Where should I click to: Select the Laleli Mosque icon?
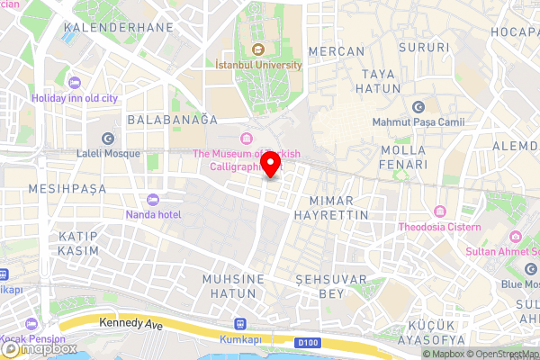tap(108, 138)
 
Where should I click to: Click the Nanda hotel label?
tap(153, 214)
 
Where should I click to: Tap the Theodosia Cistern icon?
tap(440, 212)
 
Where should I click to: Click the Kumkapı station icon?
tap(240, 323)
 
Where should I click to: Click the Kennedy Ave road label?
tap(131, 321)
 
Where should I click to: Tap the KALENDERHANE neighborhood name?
tap(106, 28)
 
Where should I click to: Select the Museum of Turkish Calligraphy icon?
tap(245, 138)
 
